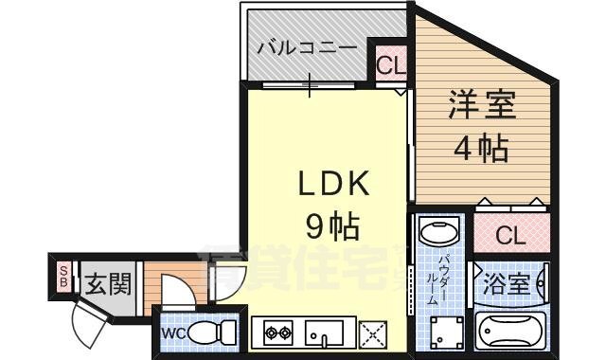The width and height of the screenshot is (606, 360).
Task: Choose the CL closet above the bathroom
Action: tap(510, 235)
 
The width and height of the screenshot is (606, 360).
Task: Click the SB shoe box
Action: tap(64, 277)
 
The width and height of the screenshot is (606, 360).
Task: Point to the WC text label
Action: tap(171, 333)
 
